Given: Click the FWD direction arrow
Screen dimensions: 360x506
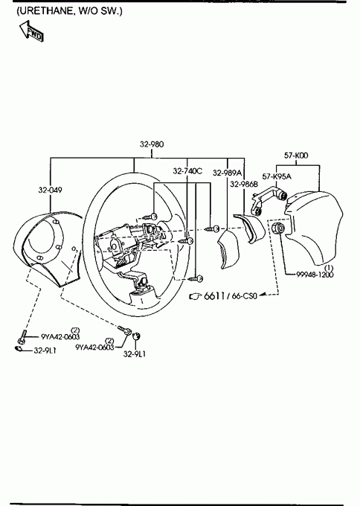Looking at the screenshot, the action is click(x=31, y=31).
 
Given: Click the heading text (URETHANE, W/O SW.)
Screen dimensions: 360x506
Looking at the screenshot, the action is click(x=69, y=11).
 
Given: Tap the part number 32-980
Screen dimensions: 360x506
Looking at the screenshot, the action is click(x=152, y=144).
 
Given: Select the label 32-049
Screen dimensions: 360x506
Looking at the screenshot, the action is click(x=50, y=190).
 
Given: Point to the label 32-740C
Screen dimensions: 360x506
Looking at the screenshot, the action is click(x=187, y=171).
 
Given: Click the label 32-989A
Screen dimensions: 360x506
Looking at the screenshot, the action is click(x=227, y=173).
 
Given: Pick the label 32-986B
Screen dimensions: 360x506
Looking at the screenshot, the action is click(x=244, y=184).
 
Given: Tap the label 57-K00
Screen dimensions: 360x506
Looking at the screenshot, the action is click(x=296, y=156).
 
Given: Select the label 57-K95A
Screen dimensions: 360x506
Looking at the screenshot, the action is click(x=277, y=176).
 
